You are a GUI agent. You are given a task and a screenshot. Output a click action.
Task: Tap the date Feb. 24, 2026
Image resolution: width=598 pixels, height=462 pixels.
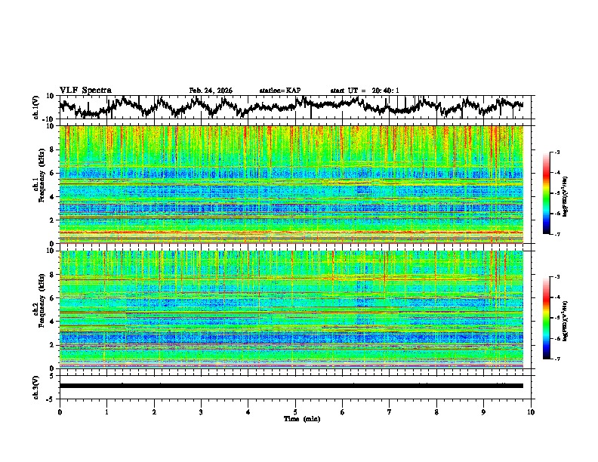[x=211, y=91]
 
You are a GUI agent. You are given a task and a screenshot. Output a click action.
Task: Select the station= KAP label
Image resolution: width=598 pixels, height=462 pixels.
[x=280, y=91]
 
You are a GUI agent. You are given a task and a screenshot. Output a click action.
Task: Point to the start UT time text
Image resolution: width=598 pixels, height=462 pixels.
[x=365, y=91]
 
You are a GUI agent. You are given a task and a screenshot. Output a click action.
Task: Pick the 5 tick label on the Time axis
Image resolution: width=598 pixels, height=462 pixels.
[x=295, y=411]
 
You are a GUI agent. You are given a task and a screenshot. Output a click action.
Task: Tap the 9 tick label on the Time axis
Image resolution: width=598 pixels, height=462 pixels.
[x=484, y=411]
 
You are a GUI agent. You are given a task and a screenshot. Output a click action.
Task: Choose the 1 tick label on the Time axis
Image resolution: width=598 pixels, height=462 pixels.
[x=106, y=411]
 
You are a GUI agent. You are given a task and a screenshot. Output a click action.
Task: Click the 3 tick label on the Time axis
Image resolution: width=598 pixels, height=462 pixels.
[x=201, y=411]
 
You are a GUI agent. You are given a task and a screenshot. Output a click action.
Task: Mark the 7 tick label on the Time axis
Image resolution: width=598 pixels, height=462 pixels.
[x=390, y=411]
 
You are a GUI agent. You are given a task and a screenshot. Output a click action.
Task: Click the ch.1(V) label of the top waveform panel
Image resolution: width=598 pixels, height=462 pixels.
[x=36, y=108]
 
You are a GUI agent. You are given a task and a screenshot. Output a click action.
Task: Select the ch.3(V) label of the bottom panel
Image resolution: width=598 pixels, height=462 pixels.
[x=36, y=386]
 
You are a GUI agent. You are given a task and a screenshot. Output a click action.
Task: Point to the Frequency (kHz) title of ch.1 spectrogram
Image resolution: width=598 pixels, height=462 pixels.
[x=36, y=185]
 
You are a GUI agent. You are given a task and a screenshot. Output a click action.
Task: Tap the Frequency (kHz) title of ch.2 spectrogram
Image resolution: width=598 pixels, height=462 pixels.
[x=36, y=310]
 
